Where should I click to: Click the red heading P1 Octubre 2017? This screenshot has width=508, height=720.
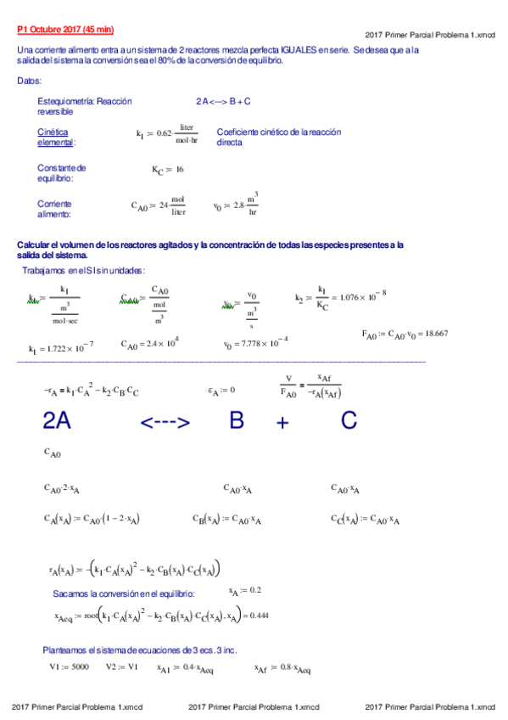click(x=64, y=30)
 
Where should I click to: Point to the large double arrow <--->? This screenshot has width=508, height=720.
click(x=165, y=422)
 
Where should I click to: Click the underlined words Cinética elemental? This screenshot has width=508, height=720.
click(x=56, y=138)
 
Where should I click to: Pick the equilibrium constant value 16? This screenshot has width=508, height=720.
click(x=179, y=170)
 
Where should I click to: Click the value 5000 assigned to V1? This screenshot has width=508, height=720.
click(x=80, y=667)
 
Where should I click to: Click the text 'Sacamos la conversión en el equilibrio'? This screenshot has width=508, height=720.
click(x=124, y=593)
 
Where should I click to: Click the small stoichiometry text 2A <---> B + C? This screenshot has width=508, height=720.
click(x=222, y=101)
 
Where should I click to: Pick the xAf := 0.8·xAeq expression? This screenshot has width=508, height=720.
click(x=282, y=668)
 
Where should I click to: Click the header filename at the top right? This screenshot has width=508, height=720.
click(x=430, y=35)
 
